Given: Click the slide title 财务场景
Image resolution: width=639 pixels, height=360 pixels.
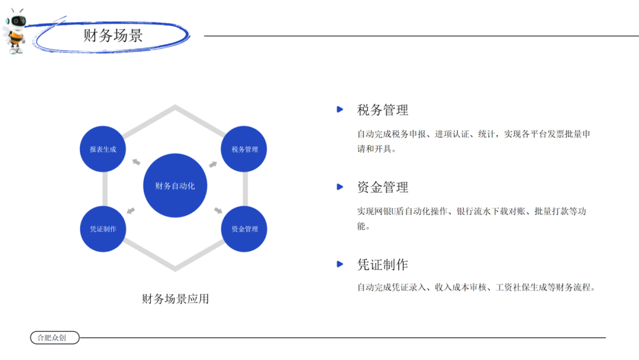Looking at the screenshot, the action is coord(113,36).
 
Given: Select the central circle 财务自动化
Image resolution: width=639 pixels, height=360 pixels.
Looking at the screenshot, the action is coord(175,185).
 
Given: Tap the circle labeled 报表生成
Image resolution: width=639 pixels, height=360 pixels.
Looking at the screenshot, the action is coord(103,149).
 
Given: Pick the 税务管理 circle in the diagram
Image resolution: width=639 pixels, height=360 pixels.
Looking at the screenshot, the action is coord(244,149).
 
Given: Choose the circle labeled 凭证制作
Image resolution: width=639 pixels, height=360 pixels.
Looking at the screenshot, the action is coord(103,229).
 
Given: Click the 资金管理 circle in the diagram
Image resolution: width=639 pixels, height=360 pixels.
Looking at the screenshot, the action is coord(244,229).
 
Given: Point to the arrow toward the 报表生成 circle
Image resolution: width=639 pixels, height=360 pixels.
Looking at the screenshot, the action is coord(136,162).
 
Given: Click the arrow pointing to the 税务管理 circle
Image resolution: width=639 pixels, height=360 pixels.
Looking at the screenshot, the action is coord(213,164).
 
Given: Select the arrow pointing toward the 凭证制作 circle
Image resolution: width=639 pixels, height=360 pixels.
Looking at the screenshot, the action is coord(131,210).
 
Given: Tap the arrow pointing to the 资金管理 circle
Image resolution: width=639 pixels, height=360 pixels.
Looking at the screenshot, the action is coord(218,210).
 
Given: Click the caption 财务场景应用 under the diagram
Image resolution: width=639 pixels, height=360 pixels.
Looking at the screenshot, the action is coord(175,299).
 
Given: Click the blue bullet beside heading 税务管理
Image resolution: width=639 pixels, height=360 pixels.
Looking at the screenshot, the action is coord(340,110).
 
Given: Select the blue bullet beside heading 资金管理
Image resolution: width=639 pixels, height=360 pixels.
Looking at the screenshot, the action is coord(340,187).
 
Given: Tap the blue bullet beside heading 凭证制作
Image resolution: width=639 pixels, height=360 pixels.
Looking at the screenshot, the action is coord(340,264).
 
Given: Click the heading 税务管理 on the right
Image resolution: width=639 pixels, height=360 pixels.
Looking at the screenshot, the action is coord(383,110).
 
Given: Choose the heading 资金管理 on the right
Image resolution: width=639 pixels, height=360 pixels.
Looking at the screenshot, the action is coord(383,187).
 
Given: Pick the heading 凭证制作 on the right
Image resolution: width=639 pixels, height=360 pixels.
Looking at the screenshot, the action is coord(383,265).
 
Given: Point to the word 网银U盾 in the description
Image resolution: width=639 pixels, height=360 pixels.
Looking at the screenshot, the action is coord(387,211).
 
